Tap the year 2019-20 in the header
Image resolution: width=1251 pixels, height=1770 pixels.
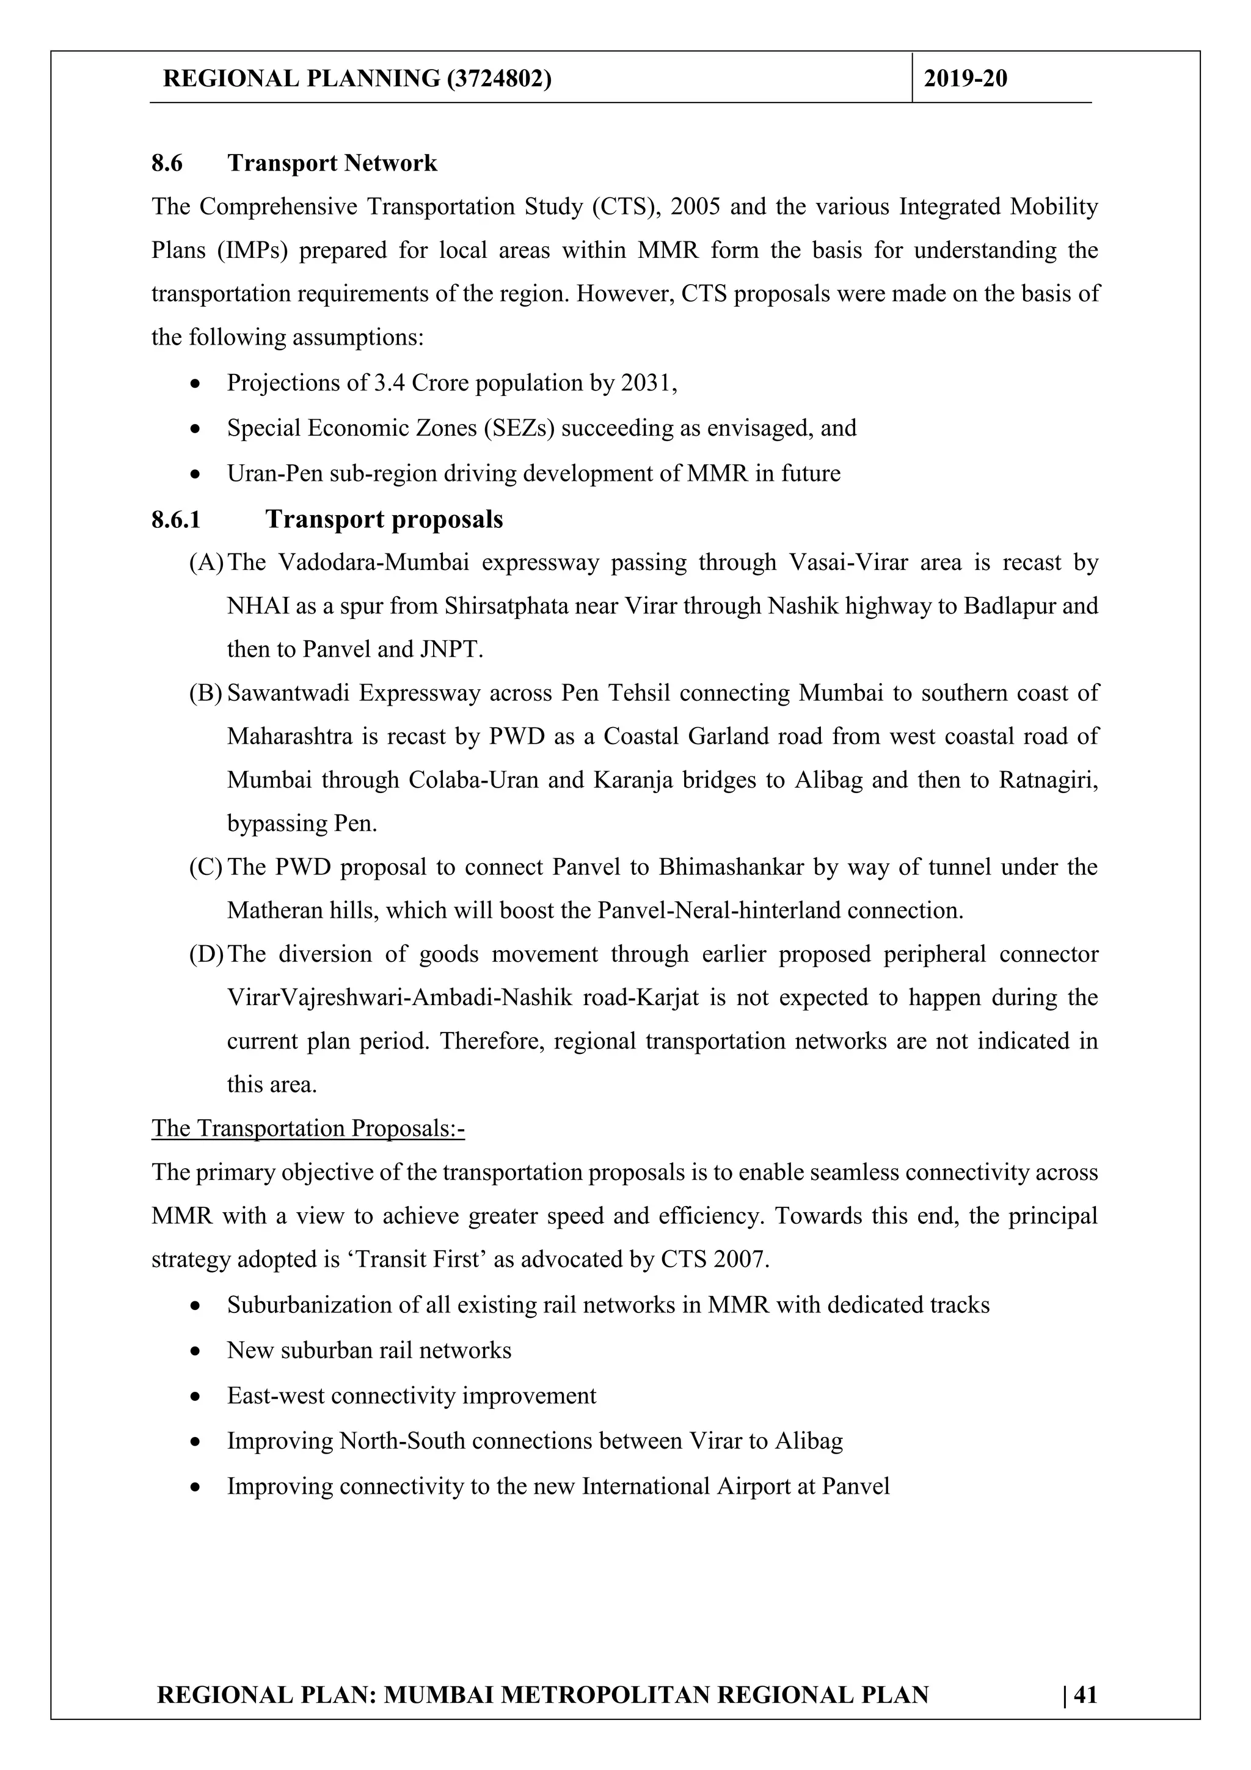[x=965, y=79]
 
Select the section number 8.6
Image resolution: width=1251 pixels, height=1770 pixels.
[x=167, y=163]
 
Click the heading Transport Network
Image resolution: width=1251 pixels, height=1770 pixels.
[x=332, y=163]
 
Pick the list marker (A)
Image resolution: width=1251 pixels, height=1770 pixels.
[x=206, y=563]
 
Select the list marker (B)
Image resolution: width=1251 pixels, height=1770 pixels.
[x=206, y=693]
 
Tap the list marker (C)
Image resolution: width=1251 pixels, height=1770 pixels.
[x=206, y=867]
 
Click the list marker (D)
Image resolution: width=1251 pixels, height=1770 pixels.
[x=206, y=954]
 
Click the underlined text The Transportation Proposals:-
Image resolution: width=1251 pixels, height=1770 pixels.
[x=308, y=1128]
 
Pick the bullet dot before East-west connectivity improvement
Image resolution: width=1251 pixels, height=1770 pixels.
[x=197, y=1397]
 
